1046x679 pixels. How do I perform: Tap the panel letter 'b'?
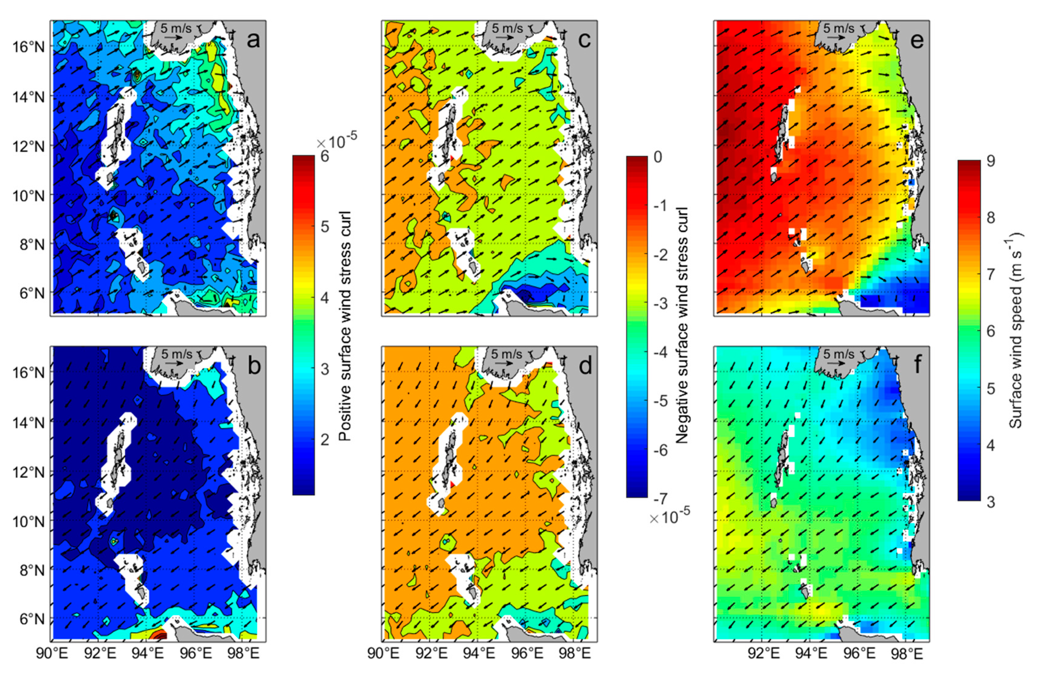click(254, 366)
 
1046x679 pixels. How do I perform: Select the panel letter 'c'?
click(585, 41)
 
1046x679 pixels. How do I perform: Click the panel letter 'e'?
click(917, 41)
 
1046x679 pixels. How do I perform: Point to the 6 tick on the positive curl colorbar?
click(325, 156)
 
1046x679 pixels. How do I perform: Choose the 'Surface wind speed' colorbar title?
click(1015, 330)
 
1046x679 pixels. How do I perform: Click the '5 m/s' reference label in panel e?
click(839, 29)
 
